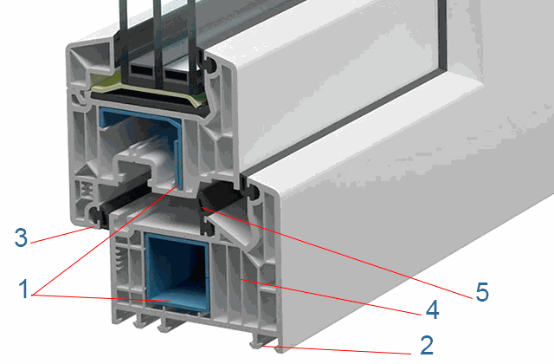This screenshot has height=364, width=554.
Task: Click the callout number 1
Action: coord(24,289)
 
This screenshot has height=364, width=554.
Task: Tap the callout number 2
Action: coord(427,345)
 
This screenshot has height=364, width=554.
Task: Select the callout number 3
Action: coord(21,237)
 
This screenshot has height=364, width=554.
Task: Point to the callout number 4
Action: coord(433,309)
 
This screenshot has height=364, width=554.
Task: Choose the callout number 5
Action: coord(482,292)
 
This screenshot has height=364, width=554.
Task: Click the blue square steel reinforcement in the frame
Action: coord(177,274)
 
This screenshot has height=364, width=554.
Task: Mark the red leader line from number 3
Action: coord(62,235)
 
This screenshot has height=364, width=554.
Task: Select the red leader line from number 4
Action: coord(332,297)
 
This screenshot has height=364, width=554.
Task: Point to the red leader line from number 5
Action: coord(338,253)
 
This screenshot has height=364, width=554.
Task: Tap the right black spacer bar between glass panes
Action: coord(177,73)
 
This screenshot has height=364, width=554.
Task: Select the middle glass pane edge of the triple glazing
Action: coord(158,42)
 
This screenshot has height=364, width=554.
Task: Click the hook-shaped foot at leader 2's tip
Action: coord(257,344)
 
